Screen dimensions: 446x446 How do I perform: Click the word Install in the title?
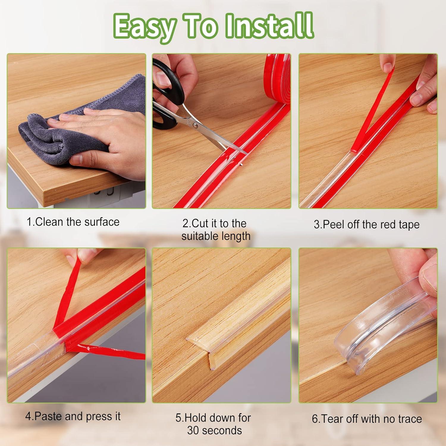[x=269, y=26]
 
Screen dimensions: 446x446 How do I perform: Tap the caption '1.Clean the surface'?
[x=73, y=222]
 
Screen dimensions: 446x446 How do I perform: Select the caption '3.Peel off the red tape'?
[x=367, y=224]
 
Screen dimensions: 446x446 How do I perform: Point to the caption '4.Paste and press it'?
[x=73, y=416]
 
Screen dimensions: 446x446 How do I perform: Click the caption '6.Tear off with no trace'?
[x=367, y=419]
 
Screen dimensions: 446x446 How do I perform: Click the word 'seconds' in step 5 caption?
[x=214, y=430]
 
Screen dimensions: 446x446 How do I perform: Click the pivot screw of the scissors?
[x=195, y=126]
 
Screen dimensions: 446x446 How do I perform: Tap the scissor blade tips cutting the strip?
[x=238, y=150]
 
